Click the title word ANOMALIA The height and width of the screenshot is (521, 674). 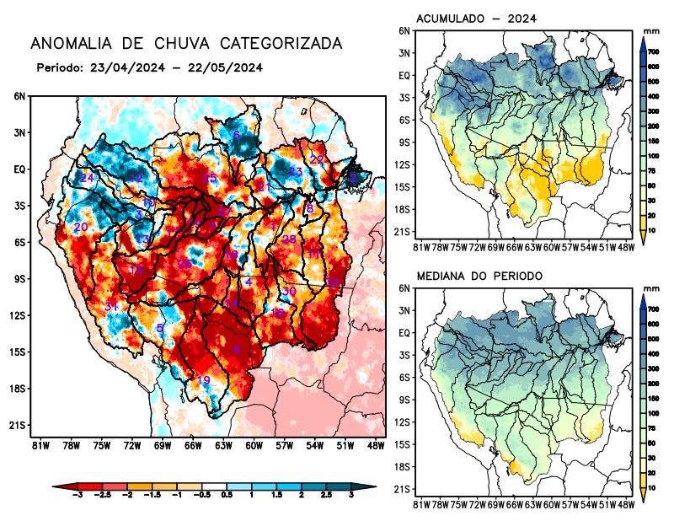[x=68, y=43]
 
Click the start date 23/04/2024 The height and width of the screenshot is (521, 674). [x=123, y=67]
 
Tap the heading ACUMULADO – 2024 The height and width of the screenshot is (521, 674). [x=477, y=18]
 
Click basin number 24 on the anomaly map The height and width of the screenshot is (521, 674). [x=88, y=178]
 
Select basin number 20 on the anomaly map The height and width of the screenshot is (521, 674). [x=81, y=228]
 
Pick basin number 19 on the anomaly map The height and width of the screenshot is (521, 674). [x=203, y=380]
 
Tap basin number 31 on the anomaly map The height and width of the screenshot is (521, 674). [x=111, y=307]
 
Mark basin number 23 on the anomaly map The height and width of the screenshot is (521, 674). [x=296, y=172]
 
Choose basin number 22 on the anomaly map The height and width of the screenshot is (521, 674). [x=317, y=159]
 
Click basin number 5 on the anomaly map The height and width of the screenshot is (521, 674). [x=160, y=327]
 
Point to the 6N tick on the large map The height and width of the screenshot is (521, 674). [x=19, y=97]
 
